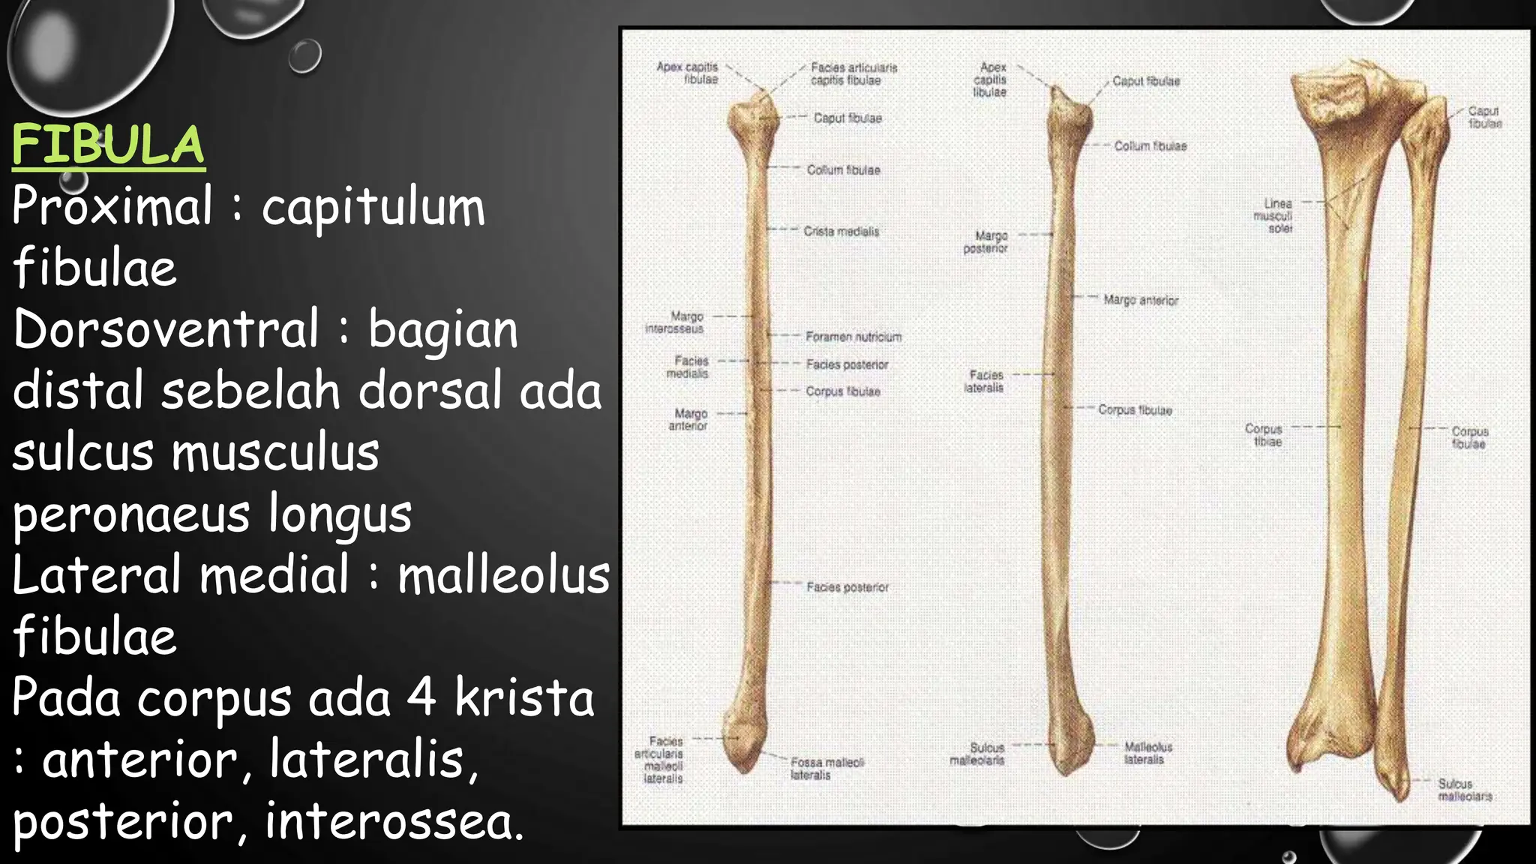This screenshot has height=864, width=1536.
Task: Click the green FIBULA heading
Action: [108, 145]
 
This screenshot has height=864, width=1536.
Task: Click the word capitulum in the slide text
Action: [373, 207]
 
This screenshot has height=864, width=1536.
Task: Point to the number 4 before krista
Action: [421, 697]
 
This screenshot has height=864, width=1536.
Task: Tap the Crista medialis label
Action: [841, 232]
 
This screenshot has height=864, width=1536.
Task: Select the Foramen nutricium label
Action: [853, 337]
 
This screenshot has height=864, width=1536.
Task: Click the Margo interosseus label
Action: [675, 322]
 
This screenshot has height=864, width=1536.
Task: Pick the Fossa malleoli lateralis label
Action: [826, 769]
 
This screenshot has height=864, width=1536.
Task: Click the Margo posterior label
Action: [986, 242]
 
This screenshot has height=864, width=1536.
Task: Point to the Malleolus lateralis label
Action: [1147, 753]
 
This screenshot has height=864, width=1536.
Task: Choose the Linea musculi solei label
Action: [1275, 216]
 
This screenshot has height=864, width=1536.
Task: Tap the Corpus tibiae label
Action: [1264, 435]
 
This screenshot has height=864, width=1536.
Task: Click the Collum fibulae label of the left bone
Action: [843, 170]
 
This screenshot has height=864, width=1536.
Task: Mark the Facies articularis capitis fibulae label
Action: [853, 73]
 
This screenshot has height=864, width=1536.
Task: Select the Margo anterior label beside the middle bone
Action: [1140, 301]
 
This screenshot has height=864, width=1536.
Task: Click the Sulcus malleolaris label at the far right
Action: [1464, 790]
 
